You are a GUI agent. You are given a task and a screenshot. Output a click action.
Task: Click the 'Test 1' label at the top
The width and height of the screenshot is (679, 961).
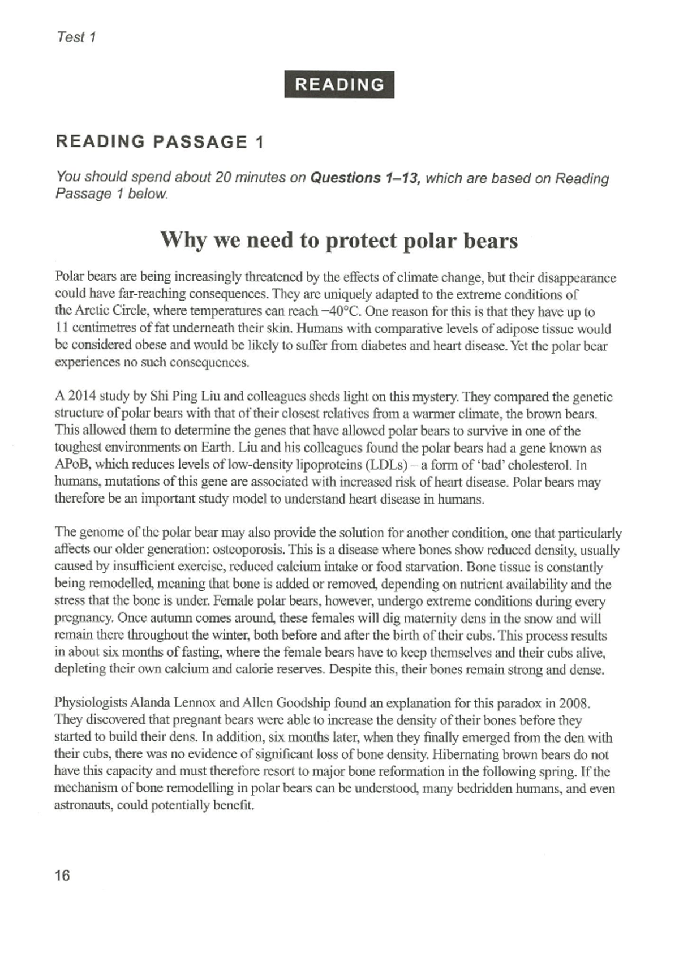(x=76, y=37)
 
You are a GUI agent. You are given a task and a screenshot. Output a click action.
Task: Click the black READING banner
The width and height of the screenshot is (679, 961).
(x=339, y=85)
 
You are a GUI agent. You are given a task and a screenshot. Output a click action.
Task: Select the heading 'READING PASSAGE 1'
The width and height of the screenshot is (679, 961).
(x=160, y=141)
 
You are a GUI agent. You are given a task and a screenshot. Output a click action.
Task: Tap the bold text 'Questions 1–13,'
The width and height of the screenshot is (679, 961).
(x=366, y=178)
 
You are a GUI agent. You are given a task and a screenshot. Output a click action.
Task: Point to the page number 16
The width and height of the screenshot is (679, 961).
(x=62, y=876)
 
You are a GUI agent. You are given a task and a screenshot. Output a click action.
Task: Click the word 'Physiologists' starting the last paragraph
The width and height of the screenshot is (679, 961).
(x=91, y=703)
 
